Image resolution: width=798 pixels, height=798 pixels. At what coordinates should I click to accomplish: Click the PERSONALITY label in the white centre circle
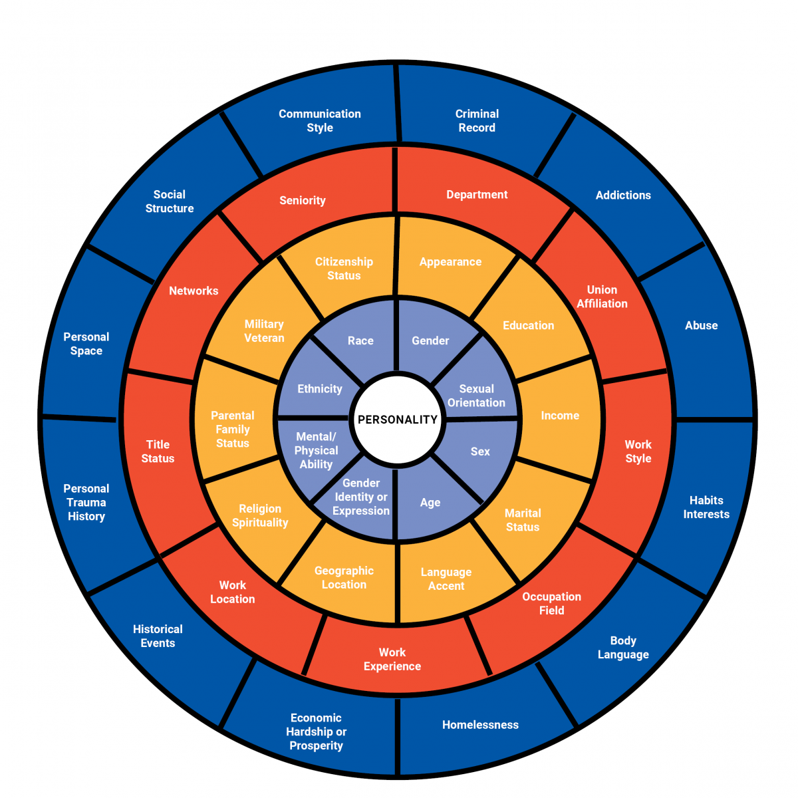398,420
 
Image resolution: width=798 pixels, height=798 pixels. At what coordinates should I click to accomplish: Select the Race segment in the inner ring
360,340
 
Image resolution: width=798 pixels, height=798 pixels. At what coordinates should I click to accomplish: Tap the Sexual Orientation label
476,396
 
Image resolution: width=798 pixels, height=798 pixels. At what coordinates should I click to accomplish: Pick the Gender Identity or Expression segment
361,497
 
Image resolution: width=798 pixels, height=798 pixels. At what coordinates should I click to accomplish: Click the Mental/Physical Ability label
316,450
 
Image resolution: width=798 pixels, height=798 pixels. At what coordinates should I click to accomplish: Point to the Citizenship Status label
344,269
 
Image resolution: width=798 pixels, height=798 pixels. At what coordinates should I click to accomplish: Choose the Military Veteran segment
264,331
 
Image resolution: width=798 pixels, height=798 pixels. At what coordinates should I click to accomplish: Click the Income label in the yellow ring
560,416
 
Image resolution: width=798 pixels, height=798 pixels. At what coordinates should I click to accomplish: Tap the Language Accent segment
446,579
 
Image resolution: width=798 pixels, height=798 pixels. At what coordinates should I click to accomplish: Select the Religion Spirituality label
260,515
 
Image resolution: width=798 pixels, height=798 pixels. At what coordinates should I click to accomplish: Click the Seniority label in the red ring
303,200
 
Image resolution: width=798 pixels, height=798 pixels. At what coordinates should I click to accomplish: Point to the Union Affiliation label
602,297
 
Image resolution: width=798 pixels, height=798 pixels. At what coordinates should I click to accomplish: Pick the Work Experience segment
392,659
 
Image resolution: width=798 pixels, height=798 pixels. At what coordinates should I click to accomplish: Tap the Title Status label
158,452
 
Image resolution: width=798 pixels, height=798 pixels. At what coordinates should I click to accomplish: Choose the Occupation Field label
551,603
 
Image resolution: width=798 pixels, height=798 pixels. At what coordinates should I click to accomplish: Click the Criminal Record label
477,121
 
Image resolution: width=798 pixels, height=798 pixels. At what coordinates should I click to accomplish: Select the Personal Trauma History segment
86,502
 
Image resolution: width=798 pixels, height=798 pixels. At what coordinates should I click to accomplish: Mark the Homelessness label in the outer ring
480,725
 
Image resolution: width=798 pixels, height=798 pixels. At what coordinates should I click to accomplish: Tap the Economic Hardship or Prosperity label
316,731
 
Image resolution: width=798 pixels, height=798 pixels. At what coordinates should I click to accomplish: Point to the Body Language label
623,648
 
